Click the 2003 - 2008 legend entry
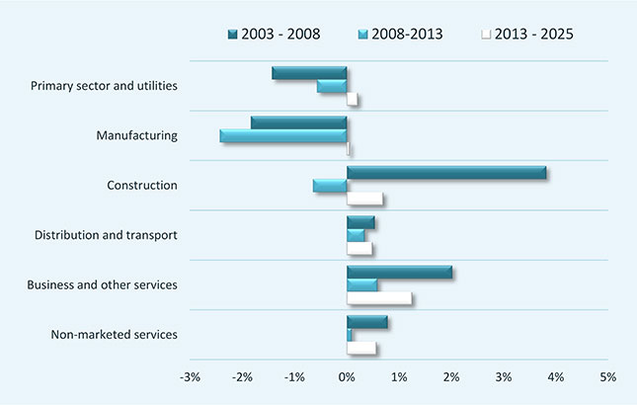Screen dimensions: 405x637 pyautogui.click(x=274, y=35)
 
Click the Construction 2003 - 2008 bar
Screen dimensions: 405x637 pyautogui.click(x=446, y=173)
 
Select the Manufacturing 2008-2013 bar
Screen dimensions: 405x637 pyautogui.click(x=283, y=136)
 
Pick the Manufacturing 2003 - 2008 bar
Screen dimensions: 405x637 pyautogui.click(x=298, y=122)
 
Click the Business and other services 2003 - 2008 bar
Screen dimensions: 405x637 pyautogui.click(x=400, y=273)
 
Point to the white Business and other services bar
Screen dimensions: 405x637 pyautogui.click(x=379, y=298)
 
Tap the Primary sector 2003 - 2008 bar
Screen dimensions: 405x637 pyautogui.click(x=309, y=73)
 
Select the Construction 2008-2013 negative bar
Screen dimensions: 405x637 pyautogui.click(x=330, y=186)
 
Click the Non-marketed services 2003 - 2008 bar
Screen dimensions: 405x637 pyautogui.click(x=367, y=322)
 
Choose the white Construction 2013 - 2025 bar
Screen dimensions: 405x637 pyautogui.click(x=364, y=200)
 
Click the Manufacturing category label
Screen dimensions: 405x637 pyautogui.click(x=136, y=135)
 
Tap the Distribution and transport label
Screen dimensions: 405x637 pyautogui.click(x=106, y=235)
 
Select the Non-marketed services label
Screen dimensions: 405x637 pyautogui.click(x=114, y=335)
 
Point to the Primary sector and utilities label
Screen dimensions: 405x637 pyautogui.click(x=104, y=86)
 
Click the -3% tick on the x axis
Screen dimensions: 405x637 pyautogui.click(x=190, y=377)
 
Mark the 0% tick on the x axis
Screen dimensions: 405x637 pyautogui.click(x=347, y=377)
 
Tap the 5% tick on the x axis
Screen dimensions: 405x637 pyautogui.click(x=607, y=377)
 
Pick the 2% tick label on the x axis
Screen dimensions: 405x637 pyautogui.click(x=451, y=377)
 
